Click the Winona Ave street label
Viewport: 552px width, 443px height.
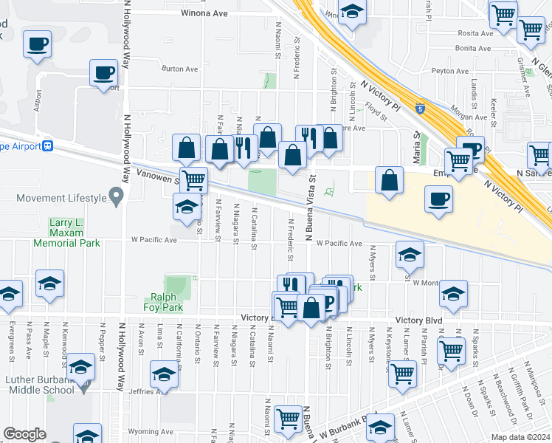click(206, 13)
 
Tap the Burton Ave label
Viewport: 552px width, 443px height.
click(181, 69)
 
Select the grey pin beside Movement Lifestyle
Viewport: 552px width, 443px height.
click(115, 196)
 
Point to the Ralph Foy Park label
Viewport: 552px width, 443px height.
click(163, 302)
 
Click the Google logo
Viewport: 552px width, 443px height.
click(24, 433)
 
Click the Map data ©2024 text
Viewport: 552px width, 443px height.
click(520, 437)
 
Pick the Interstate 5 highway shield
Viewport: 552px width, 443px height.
click(419, 108)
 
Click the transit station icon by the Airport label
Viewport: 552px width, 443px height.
click(47, 145)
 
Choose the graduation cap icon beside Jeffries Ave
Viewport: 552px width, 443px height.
click(163, 374)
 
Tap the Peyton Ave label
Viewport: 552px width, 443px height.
click(451, 72)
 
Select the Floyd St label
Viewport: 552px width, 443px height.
click(376, 111)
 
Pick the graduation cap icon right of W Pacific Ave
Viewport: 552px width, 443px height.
click(410, 255)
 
